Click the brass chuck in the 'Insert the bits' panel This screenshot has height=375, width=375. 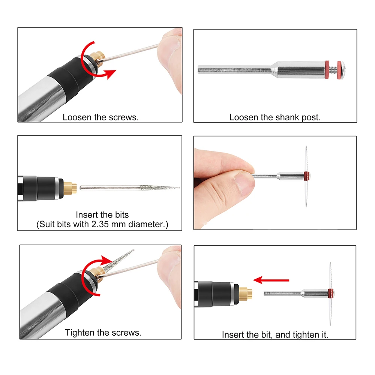(x=70, y=187)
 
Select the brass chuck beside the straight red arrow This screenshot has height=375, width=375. (x=246, y=292)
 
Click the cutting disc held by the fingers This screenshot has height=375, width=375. (x=306, y=176)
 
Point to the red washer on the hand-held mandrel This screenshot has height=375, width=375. (x=307, y=175)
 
